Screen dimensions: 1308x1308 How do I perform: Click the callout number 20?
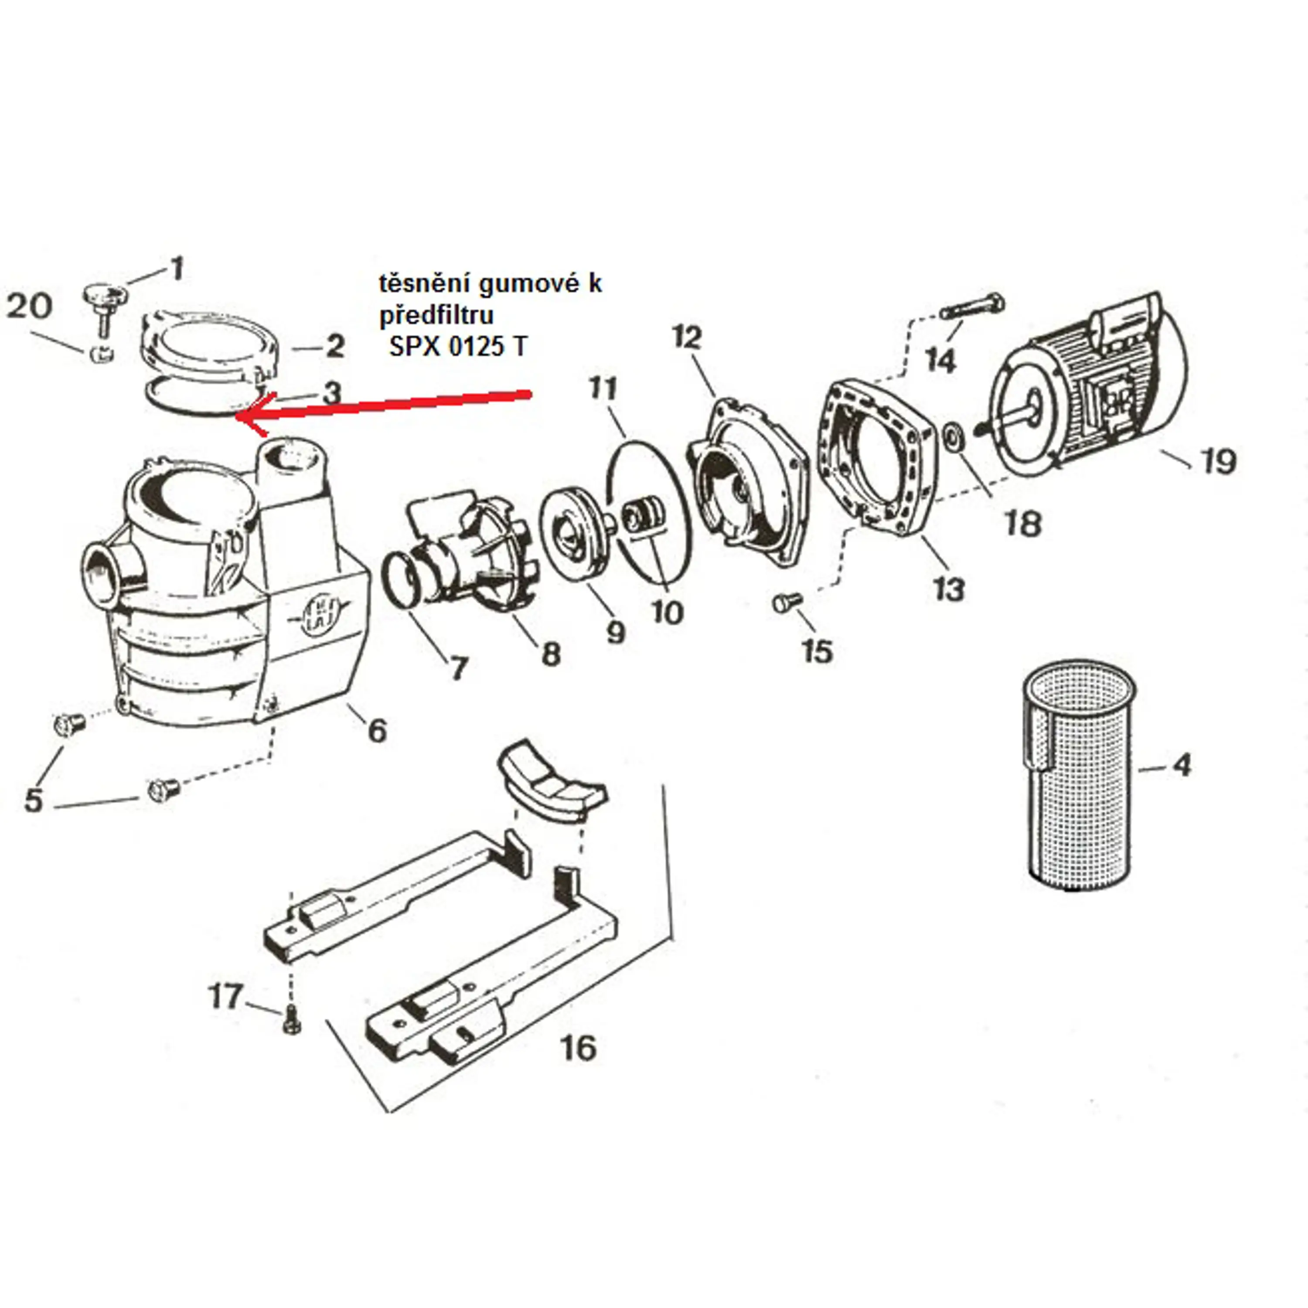point(29,306)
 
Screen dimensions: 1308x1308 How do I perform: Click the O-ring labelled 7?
point(403,580)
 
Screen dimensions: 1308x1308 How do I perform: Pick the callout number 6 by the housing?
point(377,730)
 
